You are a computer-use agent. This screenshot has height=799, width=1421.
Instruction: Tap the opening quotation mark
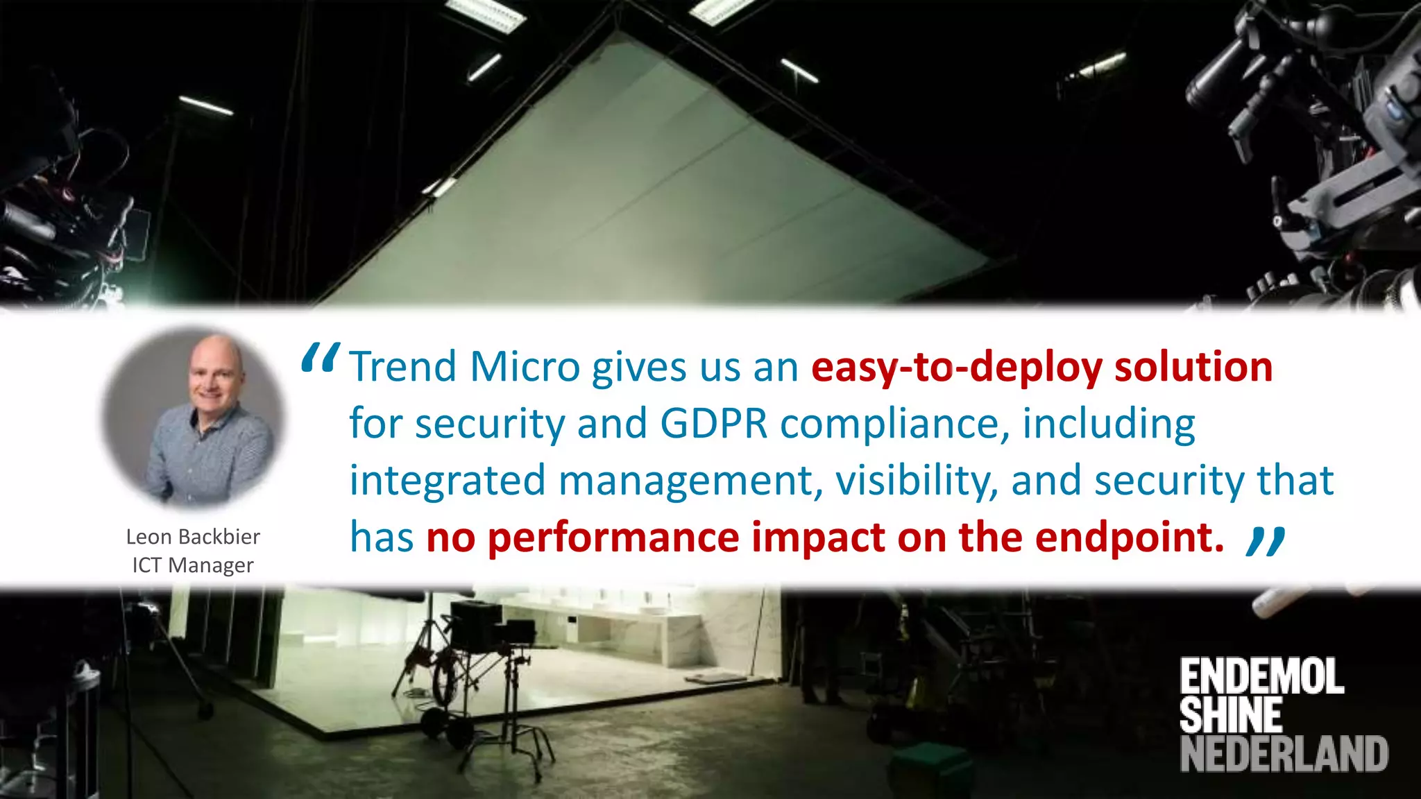320,359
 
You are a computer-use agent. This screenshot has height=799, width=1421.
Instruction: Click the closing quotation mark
1266,541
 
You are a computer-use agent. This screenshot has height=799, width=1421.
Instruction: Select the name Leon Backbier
193,537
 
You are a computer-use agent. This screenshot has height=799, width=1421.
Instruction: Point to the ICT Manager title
193,565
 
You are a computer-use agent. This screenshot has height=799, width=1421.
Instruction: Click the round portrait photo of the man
194,419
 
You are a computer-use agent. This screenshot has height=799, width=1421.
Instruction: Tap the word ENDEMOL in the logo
1261,677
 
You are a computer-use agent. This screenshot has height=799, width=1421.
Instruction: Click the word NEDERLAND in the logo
1284,754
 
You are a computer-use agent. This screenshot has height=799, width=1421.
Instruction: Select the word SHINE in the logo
1230,715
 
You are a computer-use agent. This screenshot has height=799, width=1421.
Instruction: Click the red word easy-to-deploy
956,367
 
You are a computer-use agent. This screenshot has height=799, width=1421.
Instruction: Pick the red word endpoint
1129,538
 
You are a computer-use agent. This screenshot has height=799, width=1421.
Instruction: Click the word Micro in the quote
525,367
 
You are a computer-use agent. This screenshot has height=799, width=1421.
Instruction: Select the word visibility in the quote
917,481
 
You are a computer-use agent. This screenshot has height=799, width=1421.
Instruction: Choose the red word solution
1193,367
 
